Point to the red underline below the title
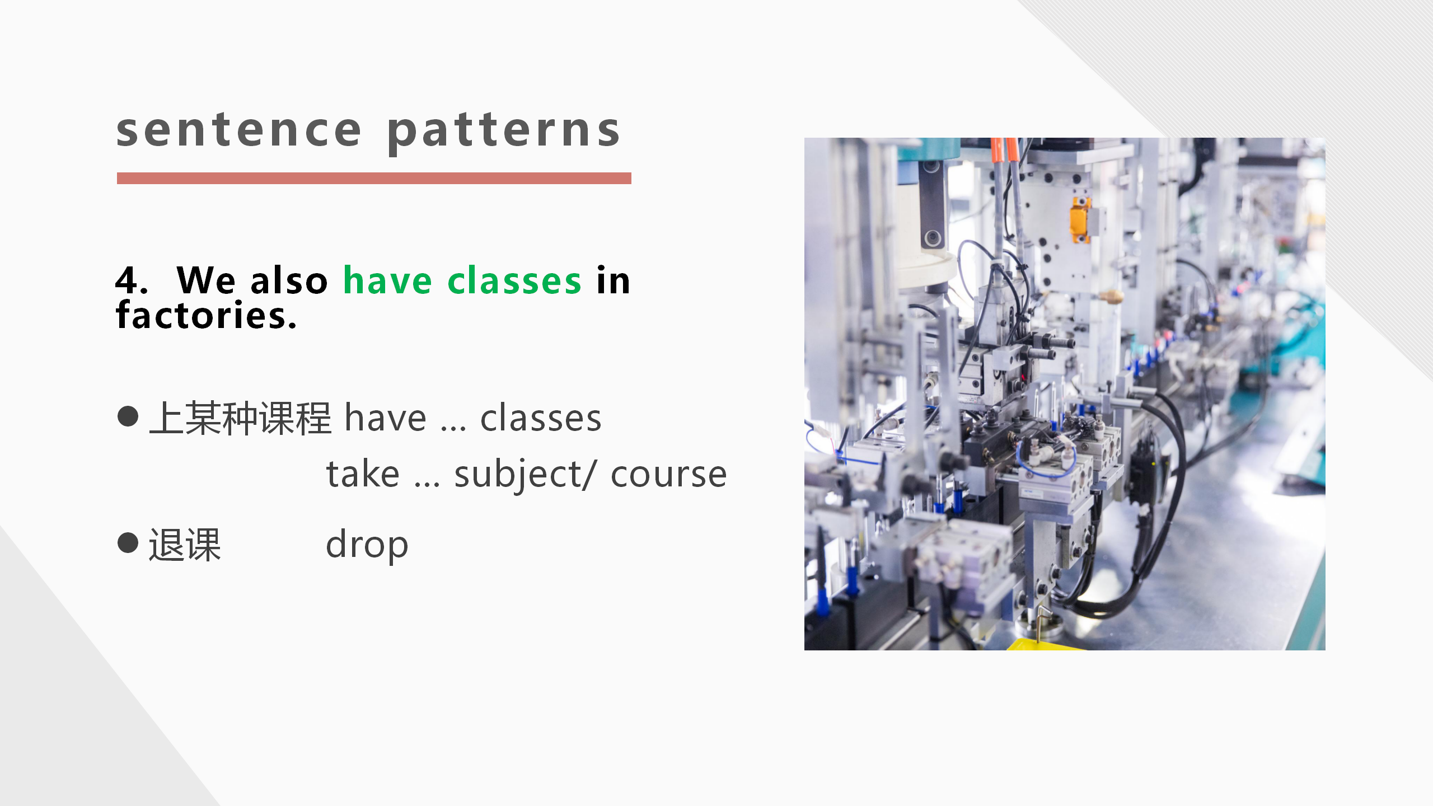tap(374, 178)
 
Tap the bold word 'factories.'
tap(206, 315)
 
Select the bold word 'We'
tap(206, 280)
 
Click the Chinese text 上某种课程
tap(241, 418)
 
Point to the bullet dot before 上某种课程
tap(128, 416)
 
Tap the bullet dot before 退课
tap(128, 542)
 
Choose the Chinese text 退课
tap(185, 545)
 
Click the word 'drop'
tap(367, 545)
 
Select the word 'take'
tap(363, 474)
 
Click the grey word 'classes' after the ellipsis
tap(541, 418)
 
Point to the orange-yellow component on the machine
tap(1080, 219)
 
